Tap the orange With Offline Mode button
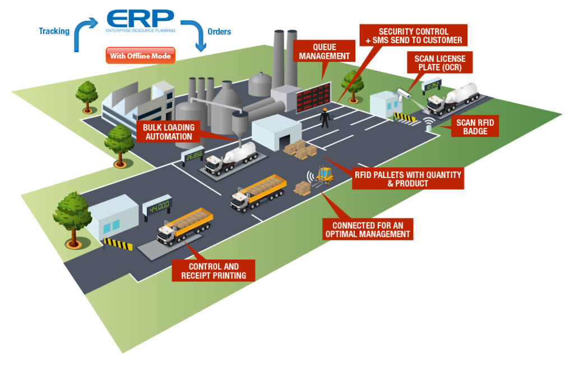coord(140,56)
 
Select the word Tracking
coord(53,31)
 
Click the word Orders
coord(219,31)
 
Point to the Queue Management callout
coord(324,51)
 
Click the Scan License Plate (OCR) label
coord(439,63)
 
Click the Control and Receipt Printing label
coord(214,271)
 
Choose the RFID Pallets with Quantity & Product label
coord(408,179)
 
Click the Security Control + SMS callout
coord(413,36)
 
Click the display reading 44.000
coord(158,207)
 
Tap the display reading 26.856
coord(194,156)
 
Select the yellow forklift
coord(324,176)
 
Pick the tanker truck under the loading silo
coord(232,158)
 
